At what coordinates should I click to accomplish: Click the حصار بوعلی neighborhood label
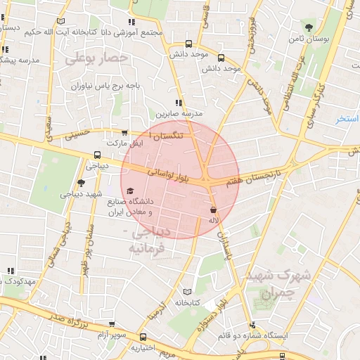96,60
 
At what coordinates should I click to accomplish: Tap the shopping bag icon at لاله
213,210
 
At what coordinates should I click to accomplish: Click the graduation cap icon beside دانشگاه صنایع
129,191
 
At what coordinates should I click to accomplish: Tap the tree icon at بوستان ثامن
310,27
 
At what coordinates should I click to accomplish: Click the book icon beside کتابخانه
186,292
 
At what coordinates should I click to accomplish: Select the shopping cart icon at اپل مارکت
124,132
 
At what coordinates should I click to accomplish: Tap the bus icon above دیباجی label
97,156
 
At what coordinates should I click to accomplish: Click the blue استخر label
347,119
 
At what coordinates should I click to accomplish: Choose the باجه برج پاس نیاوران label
105,86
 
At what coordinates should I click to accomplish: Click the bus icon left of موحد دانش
188,44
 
